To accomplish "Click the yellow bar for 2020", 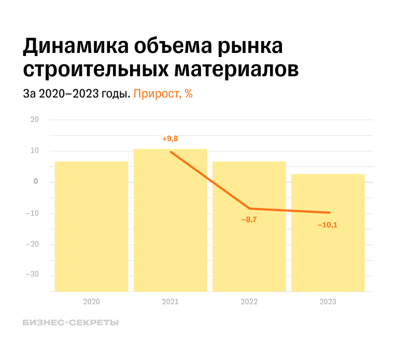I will tap(91, 226).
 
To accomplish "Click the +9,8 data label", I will tap(170, 139).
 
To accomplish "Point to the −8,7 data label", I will tap(249, 220).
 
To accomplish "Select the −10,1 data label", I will tap(328, 225).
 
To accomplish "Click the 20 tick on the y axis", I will tap(35, 120).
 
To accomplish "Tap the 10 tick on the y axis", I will tap(35, 151).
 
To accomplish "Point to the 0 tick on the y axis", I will tap(36, 182).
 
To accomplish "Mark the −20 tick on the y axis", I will tap(32, 244).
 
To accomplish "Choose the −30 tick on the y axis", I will tap(32, 274).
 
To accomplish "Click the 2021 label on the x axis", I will tap(170, 302).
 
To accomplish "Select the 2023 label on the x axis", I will tap(328, 302).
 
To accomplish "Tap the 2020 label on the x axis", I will tap(91, 302).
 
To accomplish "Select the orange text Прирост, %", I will tap(163, 94).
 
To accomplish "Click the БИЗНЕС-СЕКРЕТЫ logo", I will tap(70, 323).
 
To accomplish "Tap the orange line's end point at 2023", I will tap(330, 213).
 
